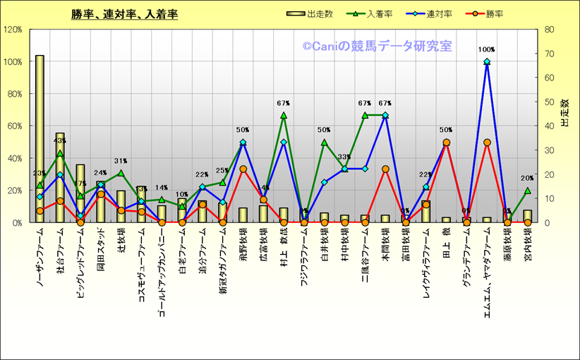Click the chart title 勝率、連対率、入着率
coord(124,14)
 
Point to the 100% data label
coord(487,50)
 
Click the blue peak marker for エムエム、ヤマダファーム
coord(487,62)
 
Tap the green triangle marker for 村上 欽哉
coord(284,115)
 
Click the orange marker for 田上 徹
coord(446,143)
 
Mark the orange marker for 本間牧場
coord(385,169)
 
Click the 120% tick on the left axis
coord(13,30)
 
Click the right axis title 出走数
coord(564,113)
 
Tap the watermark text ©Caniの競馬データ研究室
coord(377,47)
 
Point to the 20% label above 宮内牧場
coord(527,179)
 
